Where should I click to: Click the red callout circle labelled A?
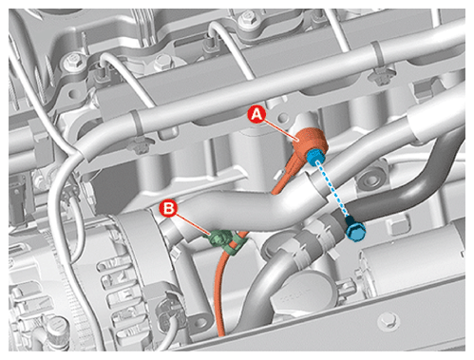click(256, 115)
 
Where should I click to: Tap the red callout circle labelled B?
click(168, 209)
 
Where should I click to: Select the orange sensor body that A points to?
click(308, 142)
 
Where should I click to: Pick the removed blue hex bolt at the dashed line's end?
click(355, 229)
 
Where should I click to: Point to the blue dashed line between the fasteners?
click(334, 189)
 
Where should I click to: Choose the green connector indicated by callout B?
click(218, 239)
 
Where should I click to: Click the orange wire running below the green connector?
click(220, 292)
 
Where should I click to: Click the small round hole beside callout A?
click(283, 119)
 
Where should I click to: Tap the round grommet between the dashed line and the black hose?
click(370, 179)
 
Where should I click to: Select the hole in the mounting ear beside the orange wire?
click(200, 323)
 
